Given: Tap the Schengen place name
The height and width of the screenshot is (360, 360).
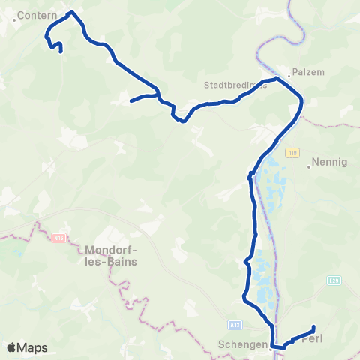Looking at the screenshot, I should [x=241, y=346].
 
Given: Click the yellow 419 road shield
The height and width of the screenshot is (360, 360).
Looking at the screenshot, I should [x=292, y=153].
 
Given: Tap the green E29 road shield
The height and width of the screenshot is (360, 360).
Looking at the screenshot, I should [x=334, y=280].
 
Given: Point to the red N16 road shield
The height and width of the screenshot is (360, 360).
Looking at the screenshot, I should [x=59, y=238].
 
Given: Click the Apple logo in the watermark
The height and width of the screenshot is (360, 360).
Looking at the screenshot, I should [x=11, y=347].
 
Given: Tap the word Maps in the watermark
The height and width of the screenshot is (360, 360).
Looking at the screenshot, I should [x=32, y=347].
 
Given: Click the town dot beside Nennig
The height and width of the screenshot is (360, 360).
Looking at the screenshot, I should [x=309, y=167].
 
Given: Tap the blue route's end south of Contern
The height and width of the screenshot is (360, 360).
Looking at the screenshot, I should [x=60, y=51].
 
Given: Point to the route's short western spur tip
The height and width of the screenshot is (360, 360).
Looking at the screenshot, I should [x=131, y=100].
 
